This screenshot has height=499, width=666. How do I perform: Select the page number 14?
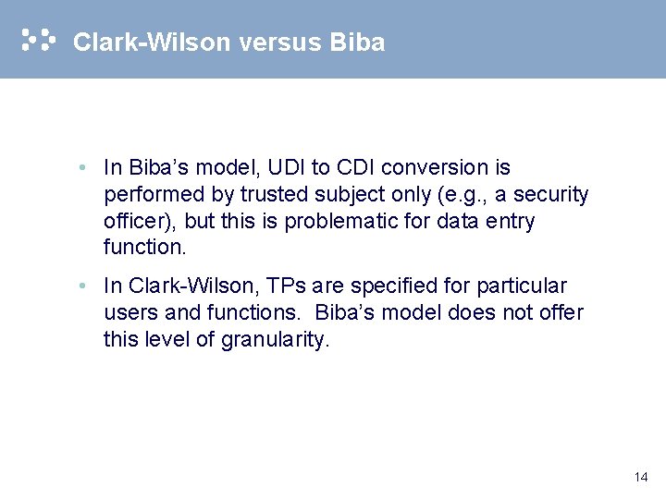(x=641, y=477)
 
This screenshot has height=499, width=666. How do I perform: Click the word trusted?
(x=271, y=195)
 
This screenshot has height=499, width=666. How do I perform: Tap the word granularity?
(x=274, y=340)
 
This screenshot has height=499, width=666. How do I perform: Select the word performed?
(x=149, y=195)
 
